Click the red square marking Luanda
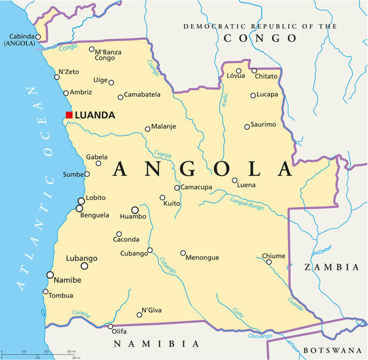click(x=69, y=115)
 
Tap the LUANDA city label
click(x=95, y=115)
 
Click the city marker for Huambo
click(x=135, y=210)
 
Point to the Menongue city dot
click(x=183, y=253)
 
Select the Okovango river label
click(x=261, y=336)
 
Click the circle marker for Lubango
click(x=85, y=266)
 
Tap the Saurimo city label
click(x=263, y=124)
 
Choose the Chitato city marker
click(x=254, y=71)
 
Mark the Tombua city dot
click(x=45, y=292)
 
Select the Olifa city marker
click(x=111, y=326)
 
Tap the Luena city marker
click(x=234, y=180)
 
